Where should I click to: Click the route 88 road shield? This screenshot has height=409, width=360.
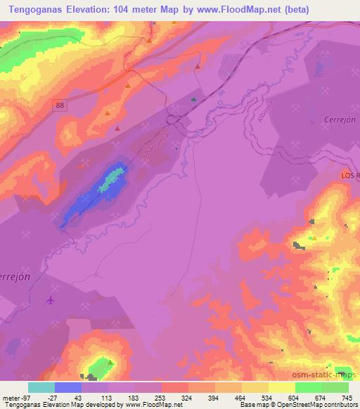(x=60, y=104)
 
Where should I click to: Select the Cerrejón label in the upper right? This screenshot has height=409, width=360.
(x=340, y=119)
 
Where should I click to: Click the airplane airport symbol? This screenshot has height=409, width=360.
(x=50, y=301)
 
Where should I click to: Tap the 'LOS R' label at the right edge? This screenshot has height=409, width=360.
(x=349, y=175)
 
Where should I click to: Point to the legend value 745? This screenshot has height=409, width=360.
(x=345, y=398)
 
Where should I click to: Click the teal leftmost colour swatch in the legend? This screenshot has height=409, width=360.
(x=41, y=387)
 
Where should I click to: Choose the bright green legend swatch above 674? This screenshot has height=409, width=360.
(x=308, y=387)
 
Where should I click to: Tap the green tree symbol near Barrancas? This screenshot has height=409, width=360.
(x=193, y=100)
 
